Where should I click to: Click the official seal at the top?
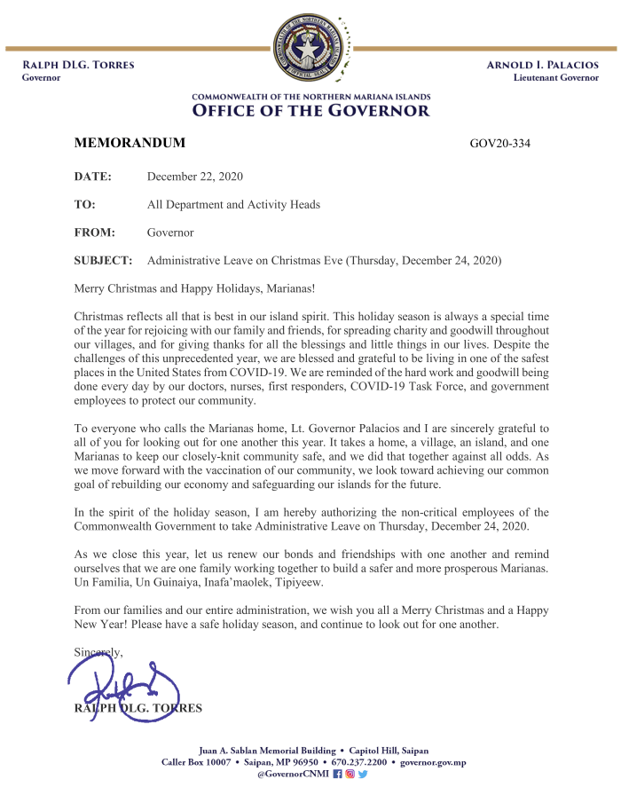[310, 49]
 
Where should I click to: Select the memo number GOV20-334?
[499, 144]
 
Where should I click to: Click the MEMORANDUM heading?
[130, 143]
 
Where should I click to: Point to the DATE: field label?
[92, 177]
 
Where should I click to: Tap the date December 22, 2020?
[194, 177]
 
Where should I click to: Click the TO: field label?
[84, 205]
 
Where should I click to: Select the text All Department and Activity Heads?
[233, 205]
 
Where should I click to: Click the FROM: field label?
[95, 232]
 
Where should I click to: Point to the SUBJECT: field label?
[103, 261]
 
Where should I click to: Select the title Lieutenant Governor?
[555, 78]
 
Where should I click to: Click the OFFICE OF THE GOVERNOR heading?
[310, 111]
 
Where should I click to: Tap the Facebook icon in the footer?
[337, 775]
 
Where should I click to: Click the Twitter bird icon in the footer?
[363, 775]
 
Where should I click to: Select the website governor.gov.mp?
[433, 762]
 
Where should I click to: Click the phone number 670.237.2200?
[358, 762]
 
